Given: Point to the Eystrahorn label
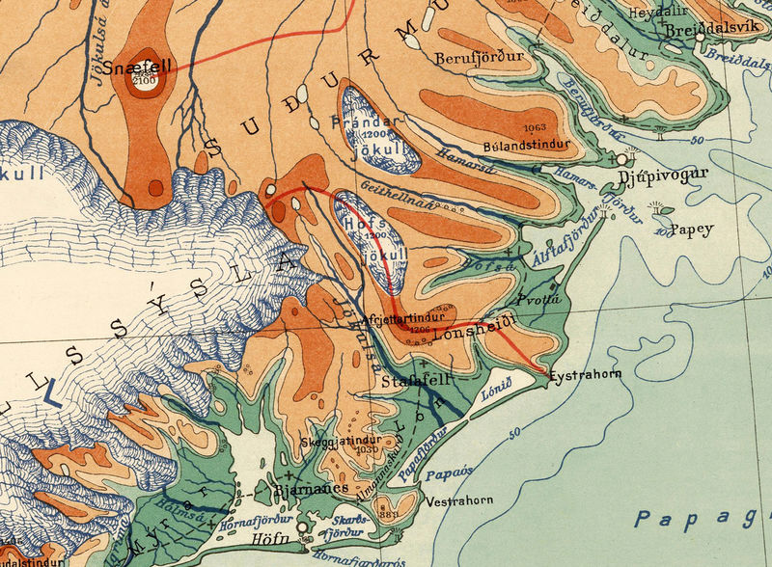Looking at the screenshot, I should pos(584,374).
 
